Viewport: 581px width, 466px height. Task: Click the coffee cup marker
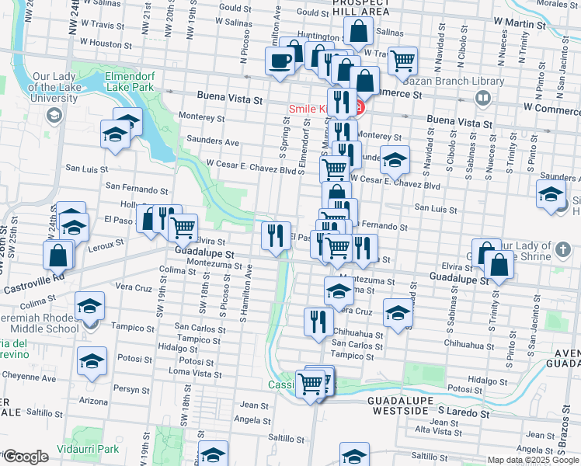pyautogui.click(x=280, y=60)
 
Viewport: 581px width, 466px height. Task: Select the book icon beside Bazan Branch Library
pyautogui.click(x=482, y=98)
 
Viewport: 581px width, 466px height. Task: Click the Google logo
pyautogui.click(x=26, y=457)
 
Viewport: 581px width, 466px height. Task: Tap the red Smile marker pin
pyautogui.click(x=359, y=108)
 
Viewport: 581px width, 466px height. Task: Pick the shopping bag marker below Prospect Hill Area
pyautogui.click(x=358, y=33)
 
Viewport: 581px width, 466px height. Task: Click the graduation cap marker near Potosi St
pyautogui.click(x=92, y=360)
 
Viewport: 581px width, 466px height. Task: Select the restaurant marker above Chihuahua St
pyautogui.click(x=317, y=322)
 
